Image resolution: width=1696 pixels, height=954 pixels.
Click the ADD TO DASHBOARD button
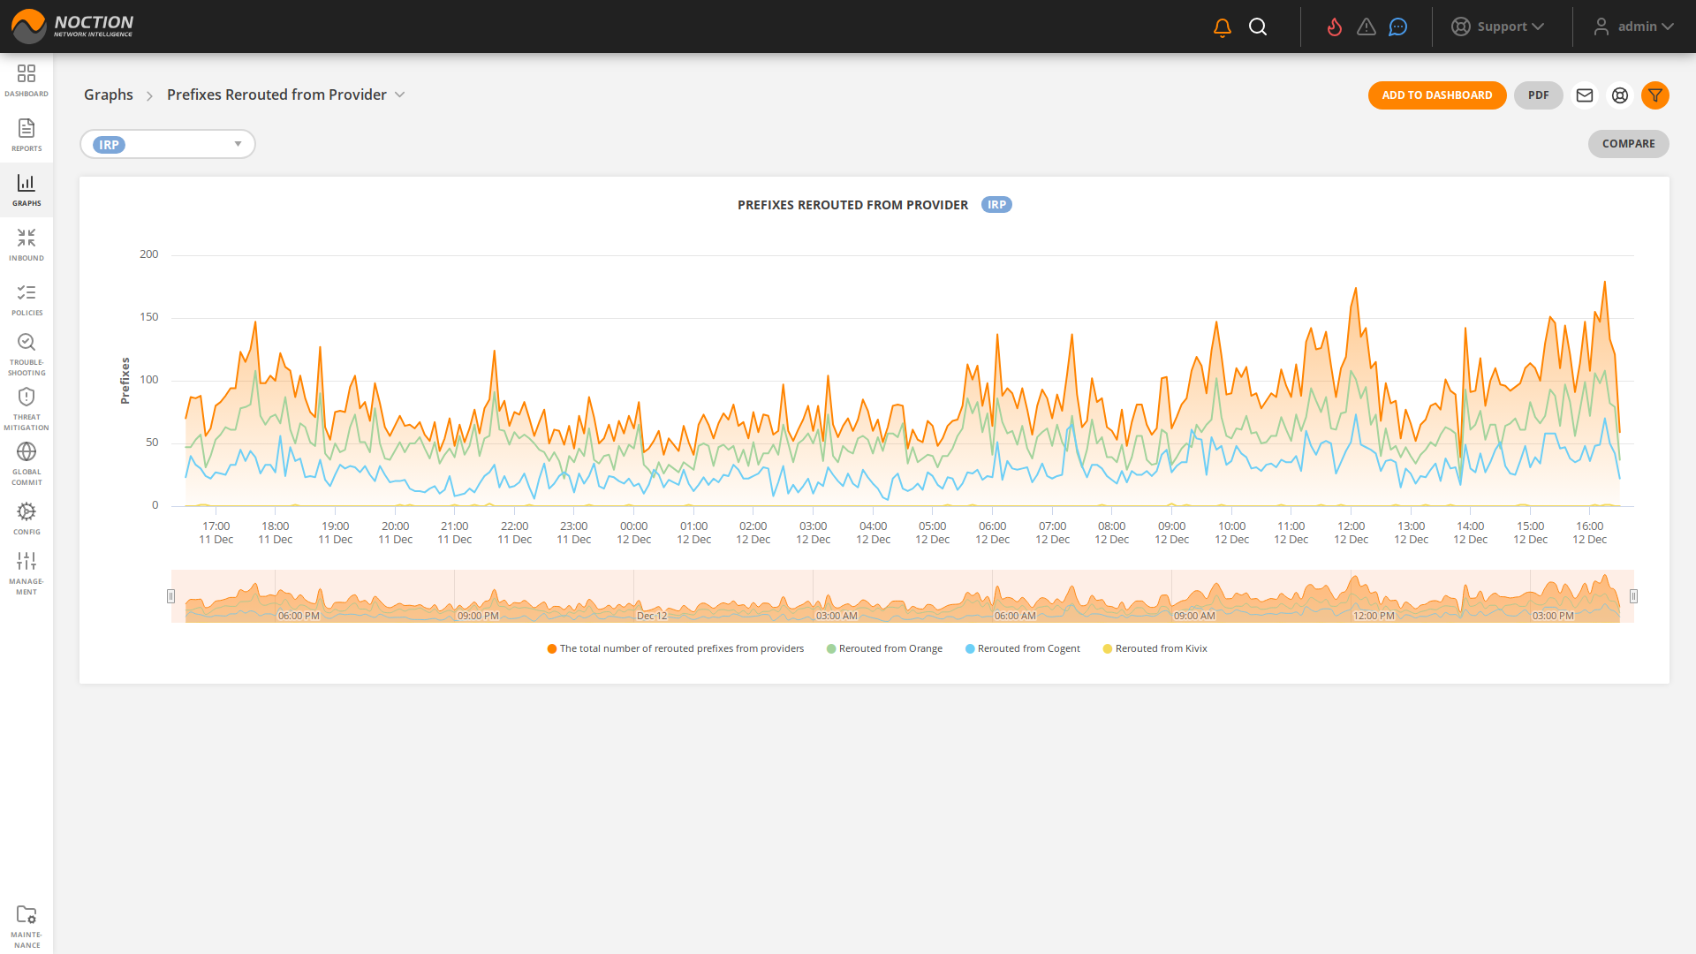point(1436,95)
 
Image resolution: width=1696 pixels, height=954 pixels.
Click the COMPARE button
point(1628,144)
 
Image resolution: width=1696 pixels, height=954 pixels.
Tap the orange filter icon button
point(1654,95)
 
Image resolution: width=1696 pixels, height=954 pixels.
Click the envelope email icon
point(1585,95)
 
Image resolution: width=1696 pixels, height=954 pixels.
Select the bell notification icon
point(1223,27)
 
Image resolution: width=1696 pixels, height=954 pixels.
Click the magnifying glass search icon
point(1258,27)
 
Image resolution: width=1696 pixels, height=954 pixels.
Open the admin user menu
point(1634,26)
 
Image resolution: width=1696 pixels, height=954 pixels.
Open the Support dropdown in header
point(1498,26)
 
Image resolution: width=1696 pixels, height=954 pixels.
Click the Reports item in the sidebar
point(26,135)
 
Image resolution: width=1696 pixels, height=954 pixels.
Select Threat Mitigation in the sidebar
point(26,409)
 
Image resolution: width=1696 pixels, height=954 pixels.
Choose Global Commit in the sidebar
point(26,464)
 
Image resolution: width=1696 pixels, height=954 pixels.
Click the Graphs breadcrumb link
point(108,95)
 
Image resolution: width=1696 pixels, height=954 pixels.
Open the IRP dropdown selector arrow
point(238,144)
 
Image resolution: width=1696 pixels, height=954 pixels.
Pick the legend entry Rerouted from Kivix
point(1161,648)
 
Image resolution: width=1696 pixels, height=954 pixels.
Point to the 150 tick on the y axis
point(148,317)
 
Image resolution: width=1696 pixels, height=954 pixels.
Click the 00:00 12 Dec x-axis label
point(633,533)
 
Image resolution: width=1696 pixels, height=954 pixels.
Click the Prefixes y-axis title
point(125,381)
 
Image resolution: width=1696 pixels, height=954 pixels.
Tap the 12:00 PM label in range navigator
point(1374,616)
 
